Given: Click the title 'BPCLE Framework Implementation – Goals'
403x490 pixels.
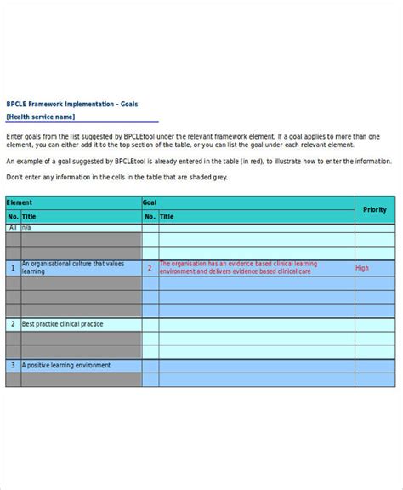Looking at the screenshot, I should pyautogui.click(x=72, y=105).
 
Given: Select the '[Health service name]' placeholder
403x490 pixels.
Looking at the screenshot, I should pyautogui.click(x=41, y=117).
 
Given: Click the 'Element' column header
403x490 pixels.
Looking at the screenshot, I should pyautogui.click(x=20, y=203).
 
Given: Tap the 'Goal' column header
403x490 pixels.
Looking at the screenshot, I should pyautogui.click(x=150, y=203).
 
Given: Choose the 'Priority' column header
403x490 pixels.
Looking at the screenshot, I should pyautogui.click(x=374, y=209).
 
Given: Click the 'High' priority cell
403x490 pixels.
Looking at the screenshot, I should pyautogui.click(x=363, y=268).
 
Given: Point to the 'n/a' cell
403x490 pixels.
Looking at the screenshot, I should pyautogui.click(x=26, y=228).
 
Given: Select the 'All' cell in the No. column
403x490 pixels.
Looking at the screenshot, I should pyautogui.click(x=13, y=228).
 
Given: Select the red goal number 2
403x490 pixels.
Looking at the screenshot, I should pyautogui.click(x=150, y=268).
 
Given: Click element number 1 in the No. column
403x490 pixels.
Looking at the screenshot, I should pyautogui.click(x=13, y=268).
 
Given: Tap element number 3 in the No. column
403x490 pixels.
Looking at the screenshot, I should pyautogui.click(x=13, y=365).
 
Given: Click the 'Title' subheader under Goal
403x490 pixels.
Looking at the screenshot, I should pyautogui.click(x=167, y=217).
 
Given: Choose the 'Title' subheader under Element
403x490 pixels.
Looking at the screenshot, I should pyautogui.click(x=29, y=217).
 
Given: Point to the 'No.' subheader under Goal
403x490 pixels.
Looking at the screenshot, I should pyautogui.click(x=150, y=217).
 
